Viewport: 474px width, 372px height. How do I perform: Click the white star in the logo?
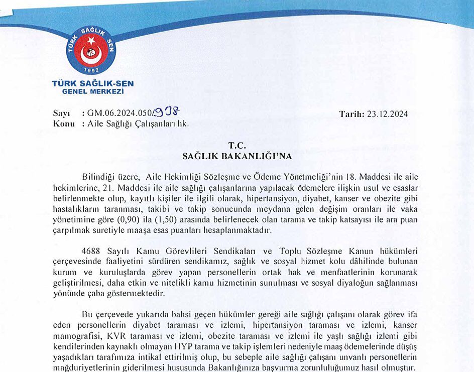91,40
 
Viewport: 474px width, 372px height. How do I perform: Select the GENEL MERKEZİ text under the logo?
92,91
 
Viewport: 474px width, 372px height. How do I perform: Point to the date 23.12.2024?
387,114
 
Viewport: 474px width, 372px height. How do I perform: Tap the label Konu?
64,123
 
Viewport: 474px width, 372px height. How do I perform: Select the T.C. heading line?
237,146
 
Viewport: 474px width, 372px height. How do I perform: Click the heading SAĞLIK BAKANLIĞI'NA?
237,156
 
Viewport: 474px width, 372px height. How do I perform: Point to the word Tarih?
351,114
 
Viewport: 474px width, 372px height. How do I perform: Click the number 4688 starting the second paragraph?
91,251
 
